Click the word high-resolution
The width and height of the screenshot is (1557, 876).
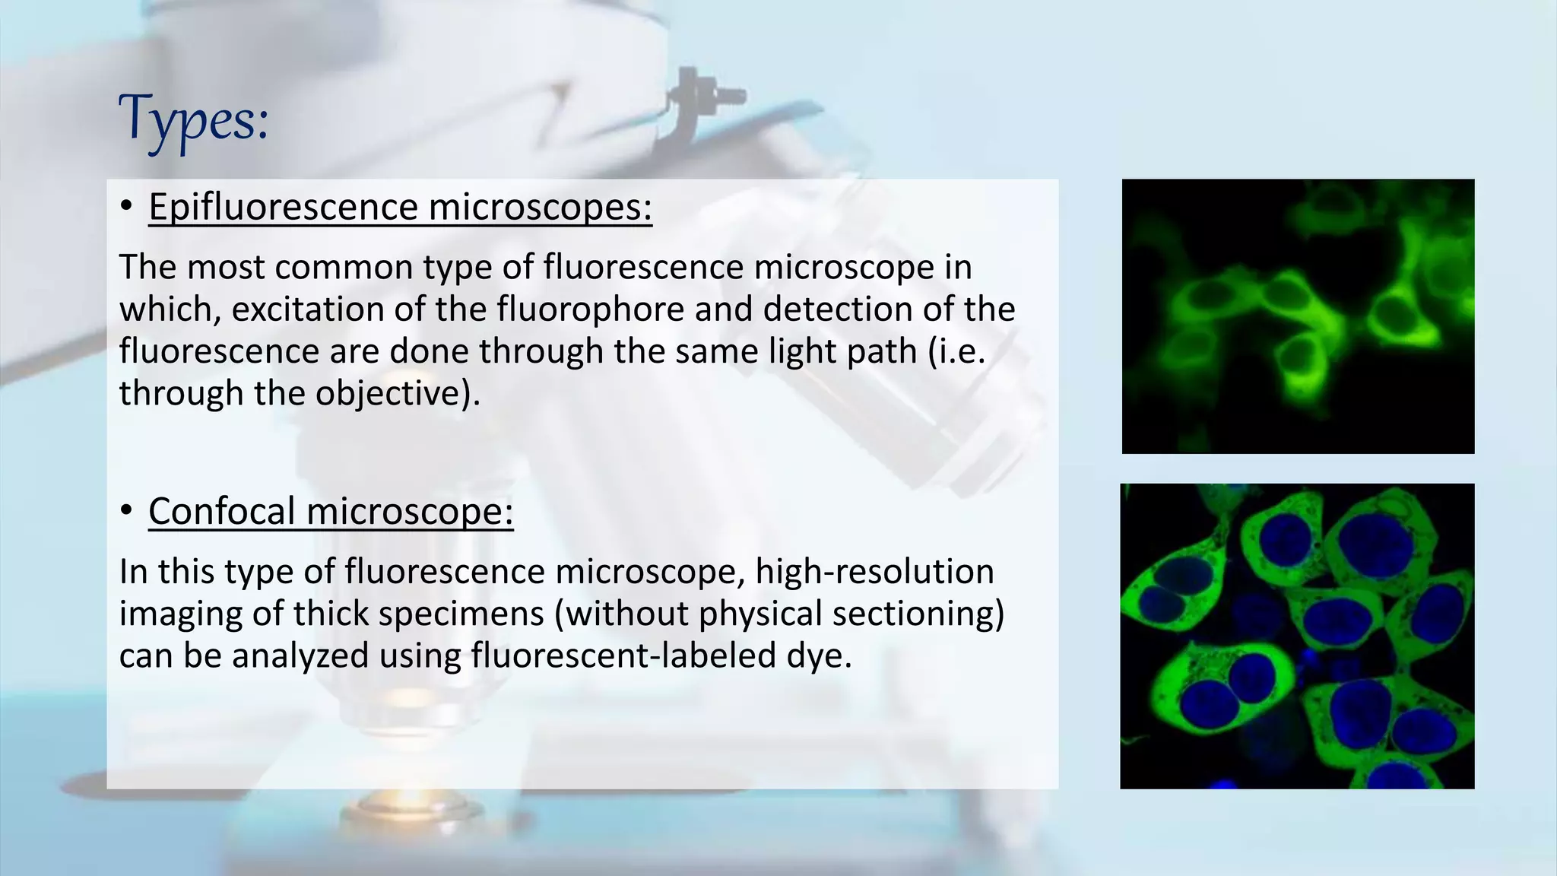(874, 571)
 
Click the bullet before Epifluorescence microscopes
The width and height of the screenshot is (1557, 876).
(126, 207)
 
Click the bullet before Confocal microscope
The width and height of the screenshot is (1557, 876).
(126, 511)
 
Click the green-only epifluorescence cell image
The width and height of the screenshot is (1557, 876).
(1298, 316)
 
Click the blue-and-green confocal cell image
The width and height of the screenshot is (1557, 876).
(1297, 636)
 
